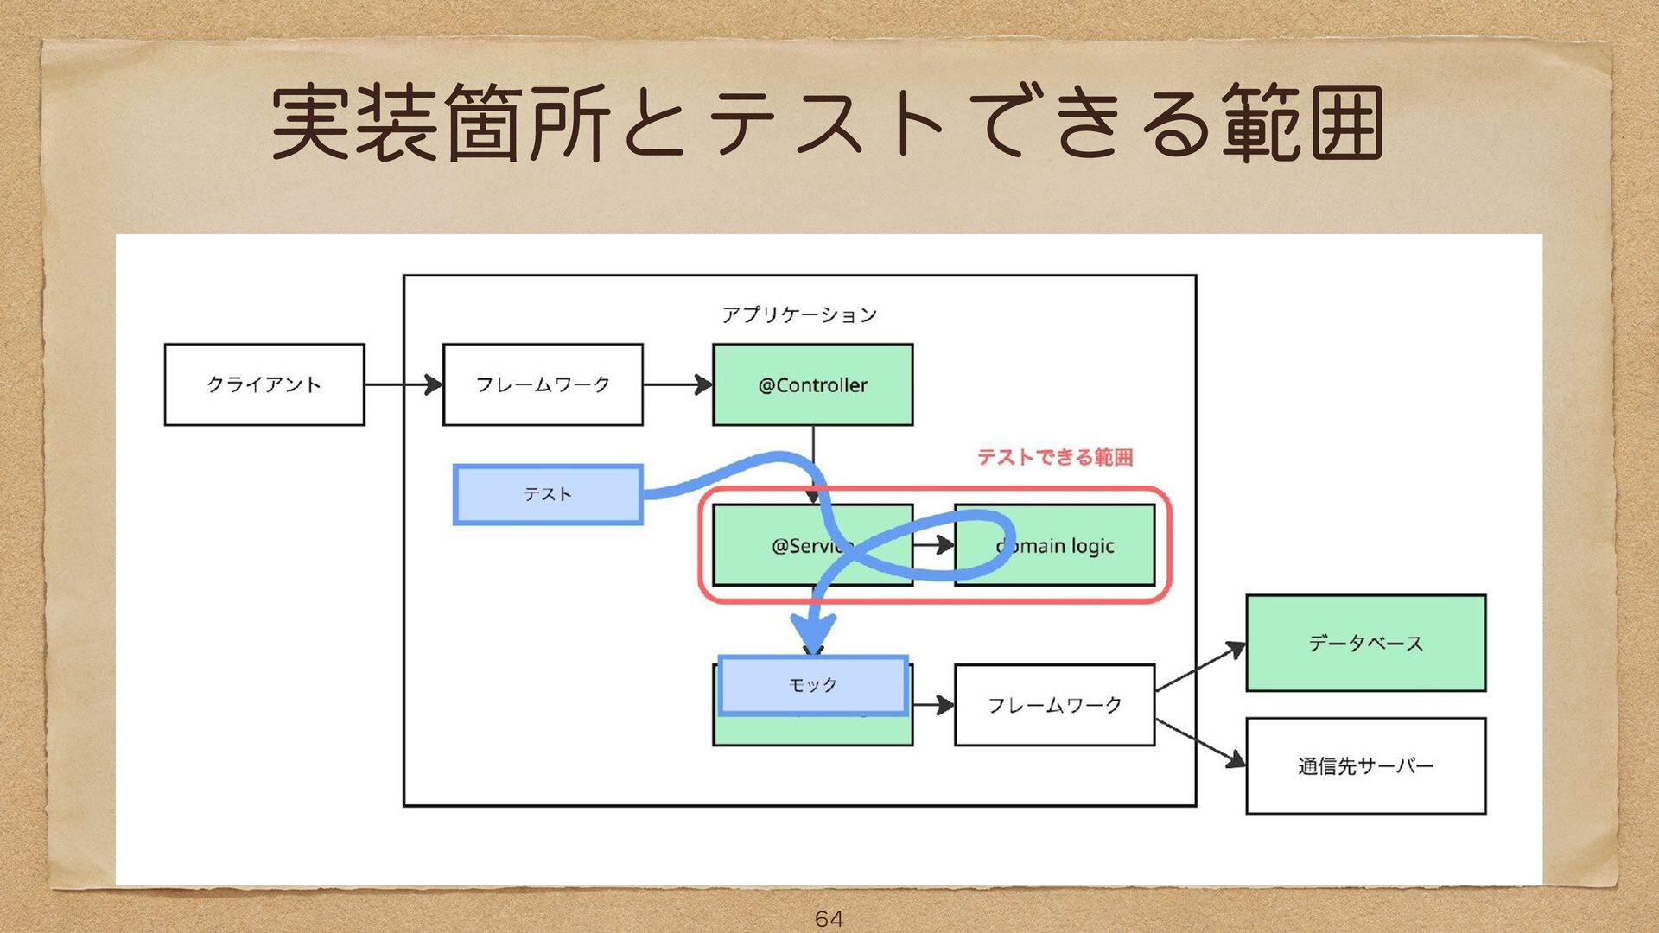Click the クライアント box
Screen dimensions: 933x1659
tap(264, 384)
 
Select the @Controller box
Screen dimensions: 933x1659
tap(812, 384)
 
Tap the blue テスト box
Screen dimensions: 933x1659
tap(548, 494)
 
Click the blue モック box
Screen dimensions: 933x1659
tap(812, 685)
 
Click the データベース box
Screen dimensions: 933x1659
tap(1365, 643)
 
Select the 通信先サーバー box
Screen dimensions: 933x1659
tap(1365, 765)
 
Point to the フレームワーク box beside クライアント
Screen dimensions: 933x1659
tap(543, 384)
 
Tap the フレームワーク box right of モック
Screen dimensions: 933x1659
tap(1054, 705)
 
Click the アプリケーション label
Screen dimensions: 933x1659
tap(799, 314)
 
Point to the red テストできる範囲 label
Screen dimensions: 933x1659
tap(1055, 457)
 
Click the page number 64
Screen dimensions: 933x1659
tap(829, 918)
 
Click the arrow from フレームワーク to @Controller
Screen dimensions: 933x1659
tap(677, 384)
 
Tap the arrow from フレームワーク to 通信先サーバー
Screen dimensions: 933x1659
tap(1200, 742)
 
